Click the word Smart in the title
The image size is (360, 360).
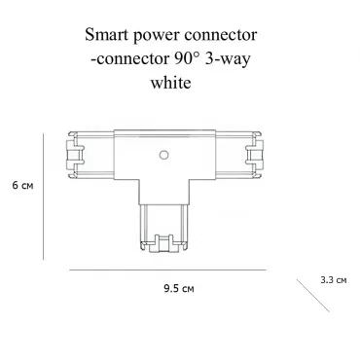click(x=106, y=35)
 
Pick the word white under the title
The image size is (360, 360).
click(x=170, y=82)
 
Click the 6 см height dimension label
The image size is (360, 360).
click(x=22, y=186)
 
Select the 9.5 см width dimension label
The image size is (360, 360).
click(x=179, y=288)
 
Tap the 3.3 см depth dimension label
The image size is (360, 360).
click(x=334, y=279)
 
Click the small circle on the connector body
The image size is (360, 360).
click(x=163, y=156)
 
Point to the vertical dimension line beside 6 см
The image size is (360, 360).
click(x=43, y=197)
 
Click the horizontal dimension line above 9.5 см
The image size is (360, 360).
click(x=167, y=270)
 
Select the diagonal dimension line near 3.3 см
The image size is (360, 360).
click(x=312, y=296)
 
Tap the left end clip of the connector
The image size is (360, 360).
click(x=75, y=156)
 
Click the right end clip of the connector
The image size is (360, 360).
click(x=255, y=156)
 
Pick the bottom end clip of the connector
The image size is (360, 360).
click(x=163, y=244)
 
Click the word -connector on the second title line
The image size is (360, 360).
click(x=130, y=59)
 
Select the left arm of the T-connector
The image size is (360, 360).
click(x=90, y=156)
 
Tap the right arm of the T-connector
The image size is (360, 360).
click(x=239, y=156)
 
